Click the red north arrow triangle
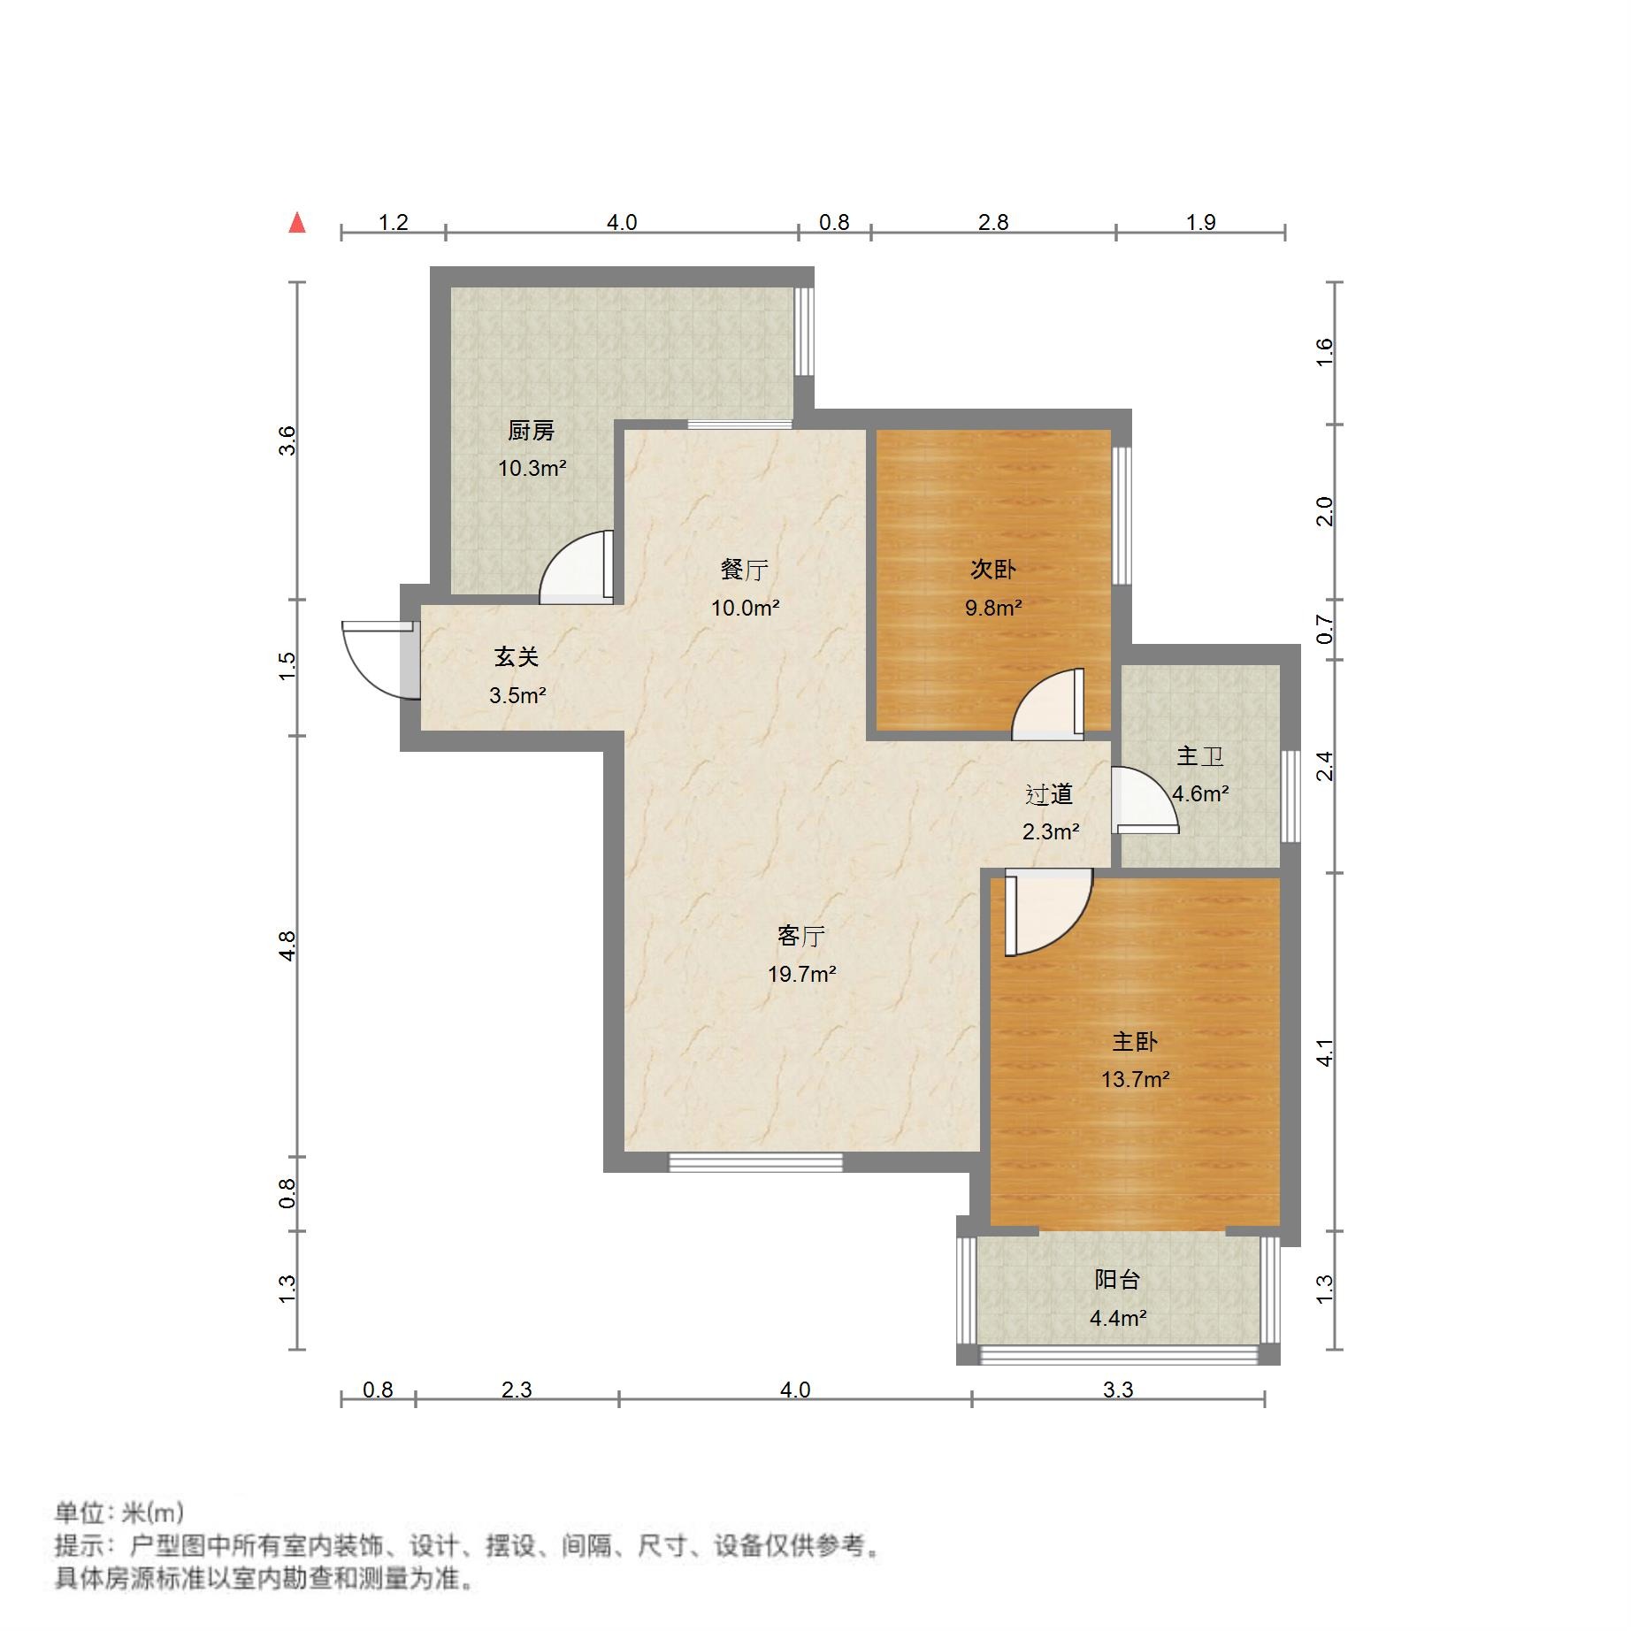coord(297,223)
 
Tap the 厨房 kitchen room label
coord(531,431)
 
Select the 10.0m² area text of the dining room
coord(745,609)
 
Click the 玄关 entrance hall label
coord(517,657)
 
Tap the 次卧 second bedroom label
coord(992,570)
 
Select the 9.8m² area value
coord(992,609)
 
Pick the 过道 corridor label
coord(1049,794)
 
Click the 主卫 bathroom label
coord(1199,756)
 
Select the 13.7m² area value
coord(1135,1080)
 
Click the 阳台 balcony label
coord(1117,1280)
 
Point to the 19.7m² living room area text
coord(801,975)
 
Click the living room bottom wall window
coord(755,1162)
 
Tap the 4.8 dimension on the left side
coord(287,946)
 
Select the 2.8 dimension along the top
coord(992,222)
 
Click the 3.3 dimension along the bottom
coord(1117,1390)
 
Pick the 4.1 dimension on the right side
coord(1324,1052)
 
